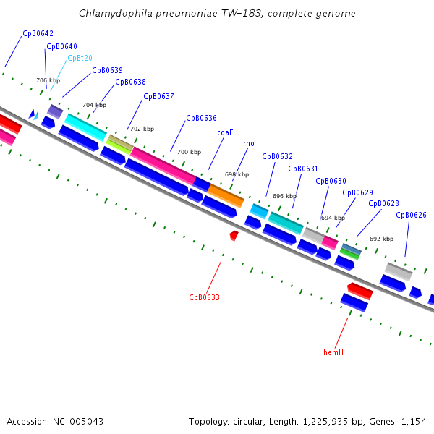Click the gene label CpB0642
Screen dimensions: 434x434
coord(38,33)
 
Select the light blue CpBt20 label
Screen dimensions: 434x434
coord(80,59)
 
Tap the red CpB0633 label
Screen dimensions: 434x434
coord(204,297)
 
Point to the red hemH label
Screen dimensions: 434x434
coord(333,352)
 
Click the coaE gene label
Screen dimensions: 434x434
coord(225,132)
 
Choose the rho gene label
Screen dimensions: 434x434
coord(249,144)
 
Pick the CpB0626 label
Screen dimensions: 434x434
coord(411,215)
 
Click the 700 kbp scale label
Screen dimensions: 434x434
coord(189,152)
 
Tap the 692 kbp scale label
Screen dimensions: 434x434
coord(381,239)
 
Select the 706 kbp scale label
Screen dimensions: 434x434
coord(48,80)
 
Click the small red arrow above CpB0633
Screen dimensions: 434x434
coord(234,235)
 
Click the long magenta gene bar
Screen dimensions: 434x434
coord(163,166)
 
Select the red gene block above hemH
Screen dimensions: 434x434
coord(359,291)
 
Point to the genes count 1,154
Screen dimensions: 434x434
coord(413,421)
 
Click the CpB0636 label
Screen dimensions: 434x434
coord(201,118)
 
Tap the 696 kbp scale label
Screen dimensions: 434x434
coord(284,196)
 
